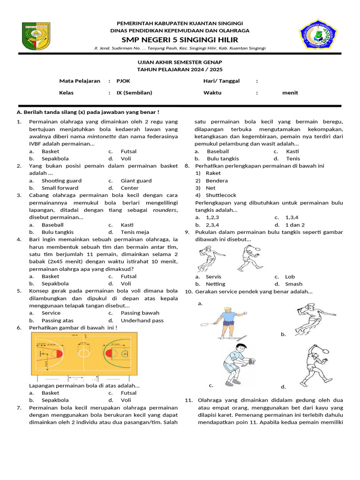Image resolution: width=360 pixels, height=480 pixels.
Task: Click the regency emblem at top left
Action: (x=37, y=37)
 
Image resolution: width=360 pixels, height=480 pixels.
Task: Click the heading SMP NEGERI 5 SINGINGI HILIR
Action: (x=180, y=39)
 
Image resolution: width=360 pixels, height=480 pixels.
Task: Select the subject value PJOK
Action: (x=123, y=81)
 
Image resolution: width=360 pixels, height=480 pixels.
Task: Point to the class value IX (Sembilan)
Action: (x=134, y=92)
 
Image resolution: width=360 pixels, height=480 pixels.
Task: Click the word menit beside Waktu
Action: (x=290, y=92)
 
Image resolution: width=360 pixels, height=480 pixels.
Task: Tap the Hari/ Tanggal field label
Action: (x=221, y=81)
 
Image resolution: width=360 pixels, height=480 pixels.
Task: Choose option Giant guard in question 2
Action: (x=136, y=180)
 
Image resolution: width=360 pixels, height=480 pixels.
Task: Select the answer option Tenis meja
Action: (x=135, y=232)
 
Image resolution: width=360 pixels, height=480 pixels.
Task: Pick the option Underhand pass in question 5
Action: (x=142, y=320)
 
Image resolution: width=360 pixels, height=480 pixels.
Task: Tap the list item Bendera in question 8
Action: (x=217, y=180)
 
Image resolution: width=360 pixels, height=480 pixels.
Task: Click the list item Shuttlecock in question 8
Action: (x=221, y=195)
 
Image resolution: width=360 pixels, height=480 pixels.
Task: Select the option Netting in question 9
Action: (x=215, y=284)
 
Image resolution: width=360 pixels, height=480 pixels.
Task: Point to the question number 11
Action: (x=189, y=400)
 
